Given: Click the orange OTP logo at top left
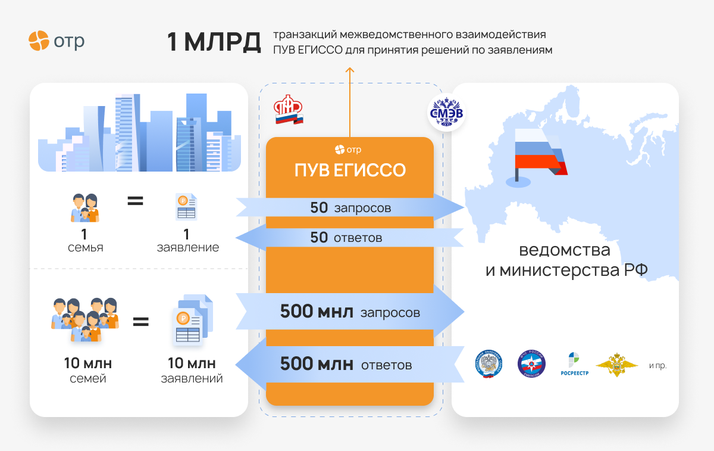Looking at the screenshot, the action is [57, 41].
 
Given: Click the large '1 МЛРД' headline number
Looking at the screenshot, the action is [214, 42].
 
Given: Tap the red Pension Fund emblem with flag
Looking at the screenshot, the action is [289, 110].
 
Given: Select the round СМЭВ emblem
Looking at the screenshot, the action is [446, 113].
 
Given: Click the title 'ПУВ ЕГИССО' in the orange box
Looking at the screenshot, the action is [350, 170].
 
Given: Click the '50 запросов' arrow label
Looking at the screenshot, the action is [350, 208].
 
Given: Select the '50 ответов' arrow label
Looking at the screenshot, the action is [346, 238].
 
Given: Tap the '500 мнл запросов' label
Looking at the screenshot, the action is [350, 312].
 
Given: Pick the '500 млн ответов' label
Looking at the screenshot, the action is [346, 364].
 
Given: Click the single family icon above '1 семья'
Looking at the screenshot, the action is [84, 208].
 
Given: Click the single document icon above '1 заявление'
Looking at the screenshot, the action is [186, 207].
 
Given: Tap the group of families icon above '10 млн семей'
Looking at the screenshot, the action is [85, 320].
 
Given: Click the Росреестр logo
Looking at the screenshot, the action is [574, 364].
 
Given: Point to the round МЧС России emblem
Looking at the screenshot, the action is [531, 364].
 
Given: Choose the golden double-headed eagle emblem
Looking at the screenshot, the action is [617, 365].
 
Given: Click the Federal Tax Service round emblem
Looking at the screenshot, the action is [488, 364].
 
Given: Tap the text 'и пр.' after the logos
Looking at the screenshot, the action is [657, 365].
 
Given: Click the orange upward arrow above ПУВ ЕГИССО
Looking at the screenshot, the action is [350, 102].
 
